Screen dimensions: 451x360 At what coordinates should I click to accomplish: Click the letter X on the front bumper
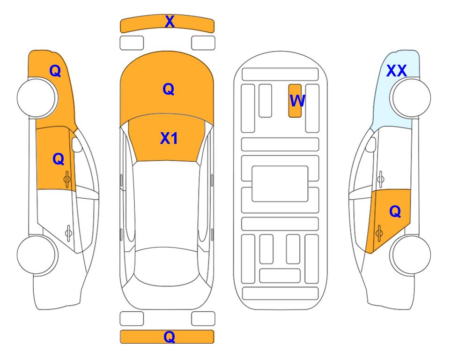click(170, 22)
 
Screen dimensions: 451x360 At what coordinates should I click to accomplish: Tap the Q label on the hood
click(169, 89)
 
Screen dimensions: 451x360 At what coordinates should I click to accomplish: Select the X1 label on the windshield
click(169, 138)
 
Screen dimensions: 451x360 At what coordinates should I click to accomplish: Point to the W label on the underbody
click(297, 101)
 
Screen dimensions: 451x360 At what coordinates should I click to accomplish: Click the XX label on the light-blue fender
click(396, 71)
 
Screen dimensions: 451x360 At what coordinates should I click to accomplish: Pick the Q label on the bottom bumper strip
click(170, 337)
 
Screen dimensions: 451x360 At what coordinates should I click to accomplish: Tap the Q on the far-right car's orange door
click(395, 212)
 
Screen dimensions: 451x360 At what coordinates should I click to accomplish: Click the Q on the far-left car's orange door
click(59, 159)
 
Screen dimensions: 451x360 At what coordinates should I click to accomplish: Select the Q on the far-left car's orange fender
click(55, 71)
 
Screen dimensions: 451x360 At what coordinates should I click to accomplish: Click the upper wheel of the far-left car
click(37, 98)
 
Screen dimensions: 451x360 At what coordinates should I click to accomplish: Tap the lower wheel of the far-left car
click(37, 255)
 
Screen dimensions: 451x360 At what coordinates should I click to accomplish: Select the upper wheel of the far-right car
click(411, 98)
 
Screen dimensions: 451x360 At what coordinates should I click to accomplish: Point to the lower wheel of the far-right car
click(411, 255)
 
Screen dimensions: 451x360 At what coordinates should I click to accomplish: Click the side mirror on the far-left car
click(77, 144)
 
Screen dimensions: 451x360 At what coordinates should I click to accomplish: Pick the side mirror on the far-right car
click(371, 144)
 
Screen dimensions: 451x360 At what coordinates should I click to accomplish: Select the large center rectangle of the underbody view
click(280, 184)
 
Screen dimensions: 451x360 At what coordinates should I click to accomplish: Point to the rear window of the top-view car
click(167, 267)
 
